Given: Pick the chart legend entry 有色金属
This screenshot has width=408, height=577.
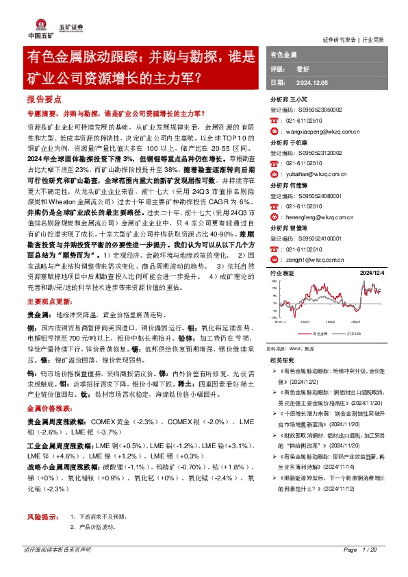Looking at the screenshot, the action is (319, 333).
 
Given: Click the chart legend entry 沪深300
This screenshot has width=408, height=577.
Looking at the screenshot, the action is (353, 333).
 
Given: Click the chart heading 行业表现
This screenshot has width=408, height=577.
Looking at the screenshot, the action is (282, 273).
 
